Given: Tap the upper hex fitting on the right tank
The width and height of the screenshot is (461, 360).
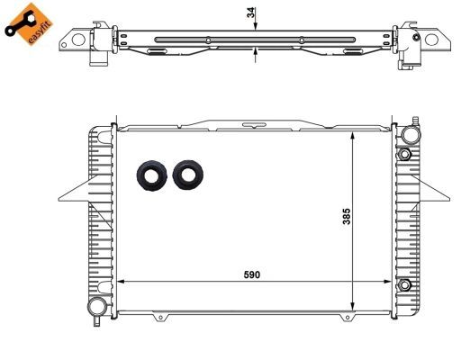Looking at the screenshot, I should click(404, 156).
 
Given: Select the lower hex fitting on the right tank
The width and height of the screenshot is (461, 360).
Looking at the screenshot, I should click(404, 286).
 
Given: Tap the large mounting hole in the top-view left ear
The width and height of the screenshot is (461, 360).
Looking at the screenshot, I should click(78, 40).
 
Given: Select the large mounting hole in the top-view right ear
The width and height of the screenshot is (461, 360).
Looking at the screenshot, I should click(432, 40).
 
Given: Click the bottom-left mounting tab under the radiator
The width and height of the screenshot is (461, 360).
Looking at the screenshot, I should click(158, 316).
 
